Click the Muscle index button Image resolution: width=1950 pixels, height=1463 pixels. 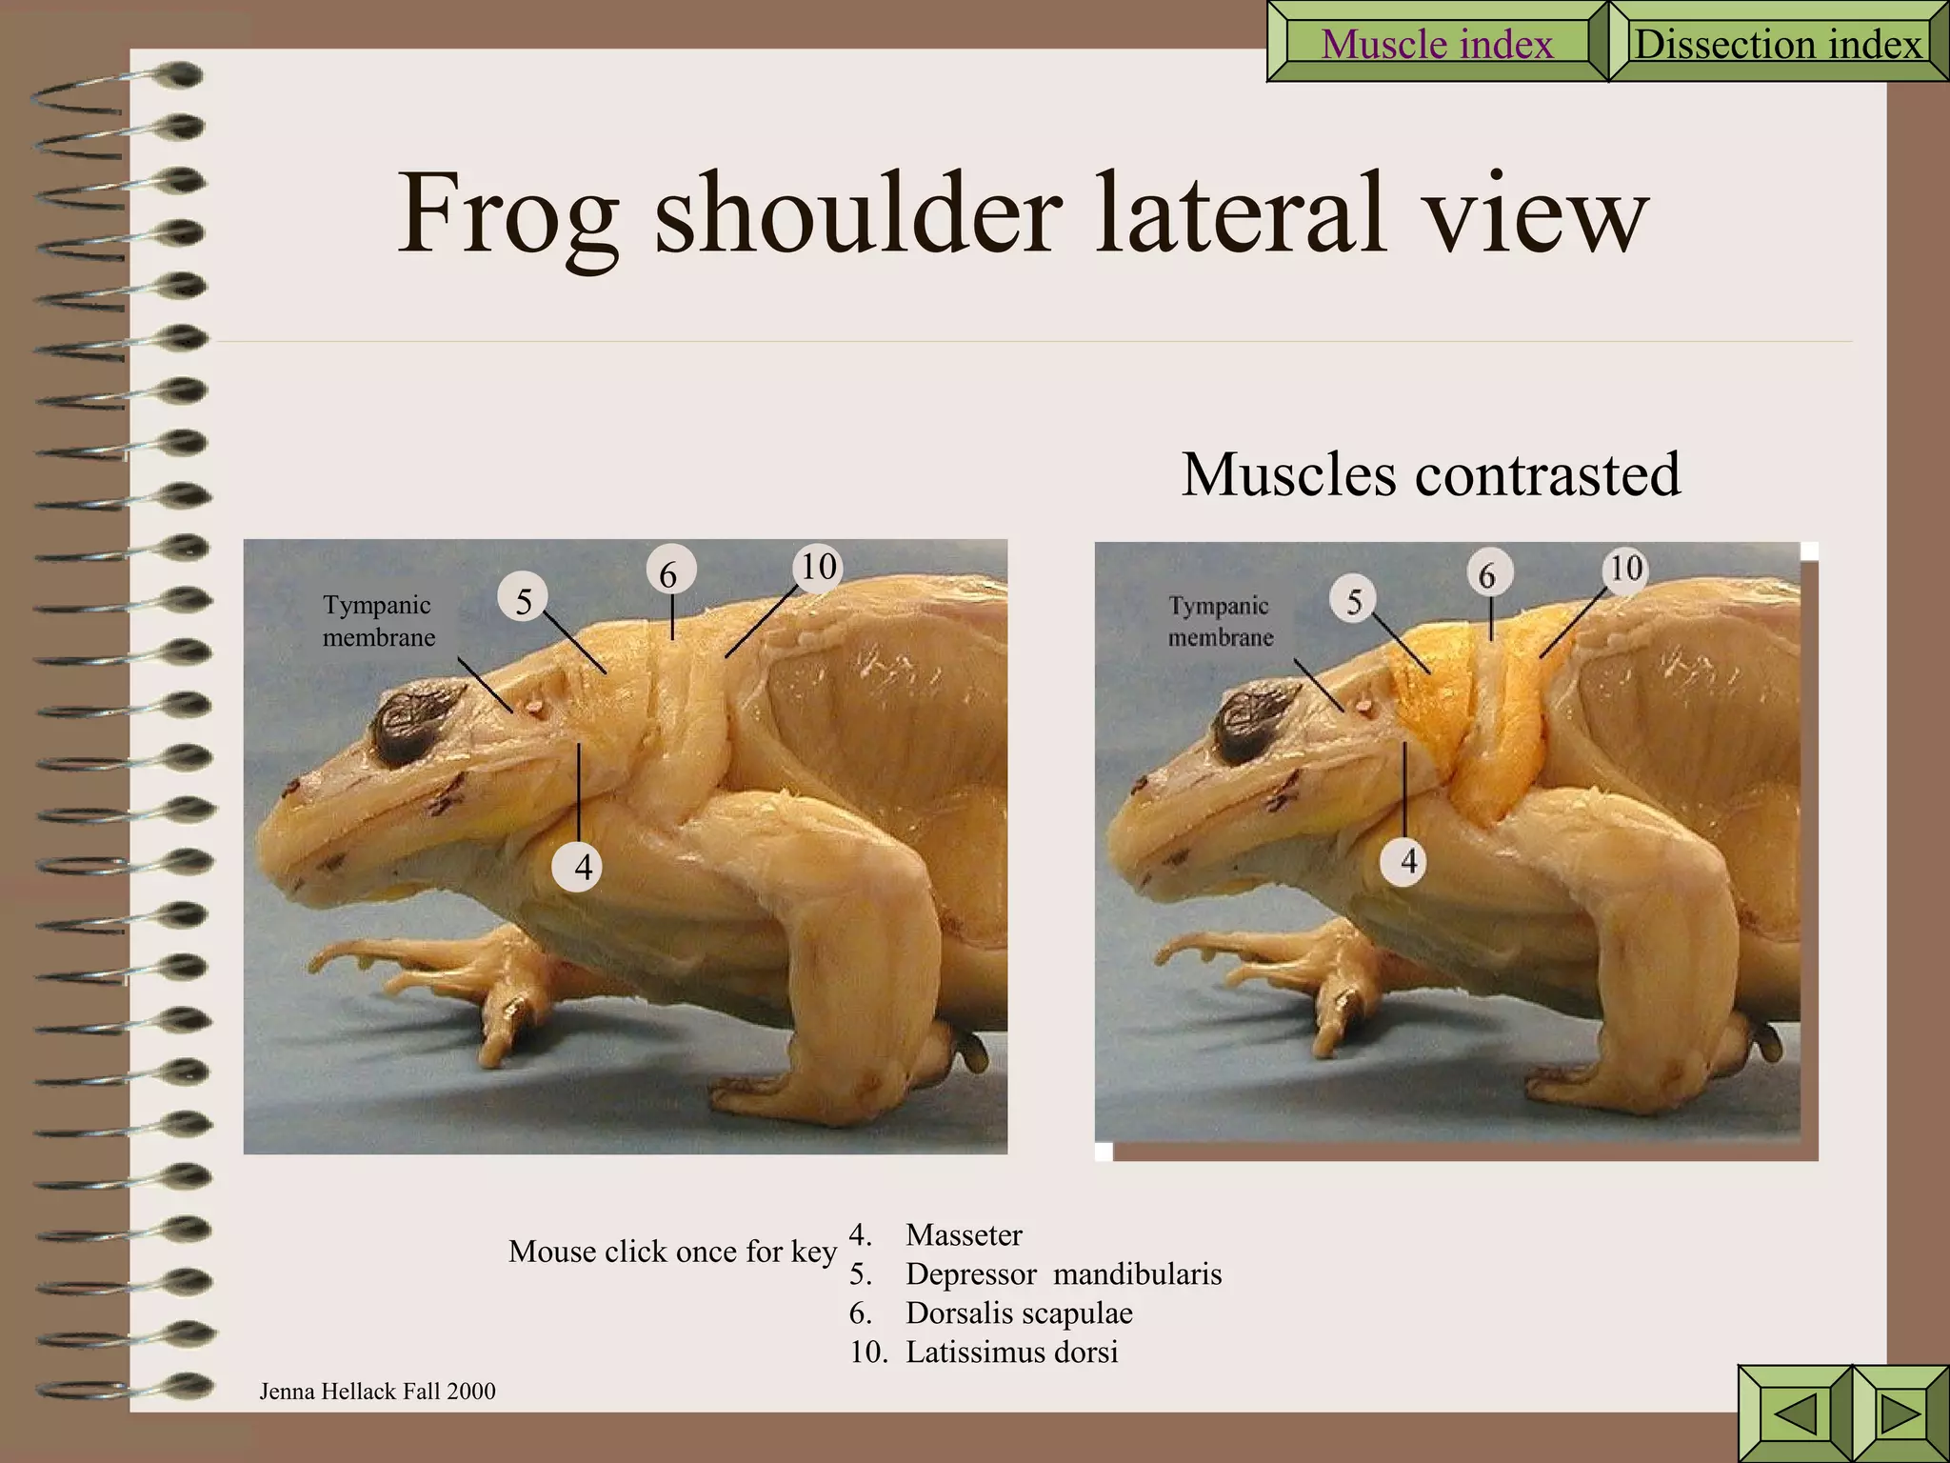(x=1437, y=44)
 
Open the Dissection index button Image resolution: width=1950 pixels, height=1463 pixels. (x=1777, y=44)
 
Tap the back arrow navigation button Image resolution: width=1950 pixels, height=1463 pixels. (x=1795, y=1413)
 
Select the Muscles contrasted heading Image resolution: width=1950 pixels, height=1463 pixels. (x=1430, y=474)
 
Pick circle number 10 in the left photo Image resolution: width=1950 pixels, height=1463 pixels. (x=818, y=567)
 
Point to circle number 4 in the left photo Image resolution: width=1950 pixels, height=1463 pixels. (x=582, y=867)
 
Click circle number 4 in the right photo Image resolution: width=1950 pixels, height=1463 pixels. (x=1407, y=861)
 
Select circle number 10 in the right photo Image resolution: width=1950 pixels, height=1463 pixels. (x=1626, y=569)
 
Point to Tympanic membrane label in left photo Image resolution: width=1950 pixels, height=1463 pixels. (x=378, y=621)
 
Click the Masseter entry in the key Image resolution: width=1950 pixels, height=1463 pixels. (x=963, y=1234)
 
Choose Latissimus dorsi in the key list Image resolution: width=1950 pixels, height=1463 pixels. (x=1011, y=1352)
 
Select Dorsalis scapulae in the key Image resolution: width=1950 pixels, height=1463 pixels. (x=1018, y=1313)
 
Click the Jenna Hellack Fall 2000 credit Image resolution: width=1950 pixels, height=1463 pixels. (x=377, y=1392)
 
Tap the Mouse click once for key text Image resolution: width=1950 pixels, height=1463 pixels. (x=672, y=1251)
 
